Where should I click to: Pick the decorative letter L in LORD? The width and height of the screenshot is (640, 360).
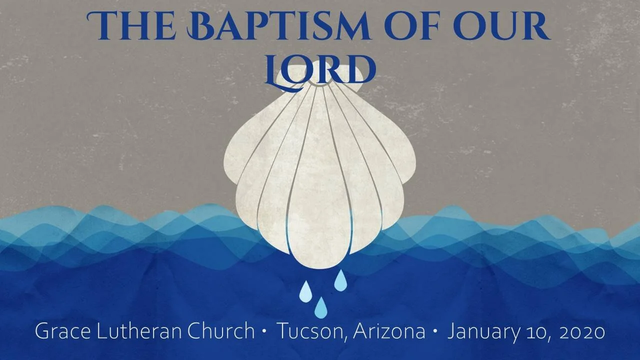pos(277,70)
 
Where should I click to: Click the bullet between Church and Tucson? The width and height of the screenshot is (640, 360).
pos(263,332)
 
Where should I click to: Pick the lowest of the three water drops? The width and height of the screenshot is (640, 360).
pos(320,307)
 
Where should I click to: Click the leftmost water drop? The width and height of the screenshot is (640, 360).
pos(305,292)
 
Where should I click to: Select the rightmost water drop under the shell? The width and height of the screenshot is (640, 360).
pos(340,281)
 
